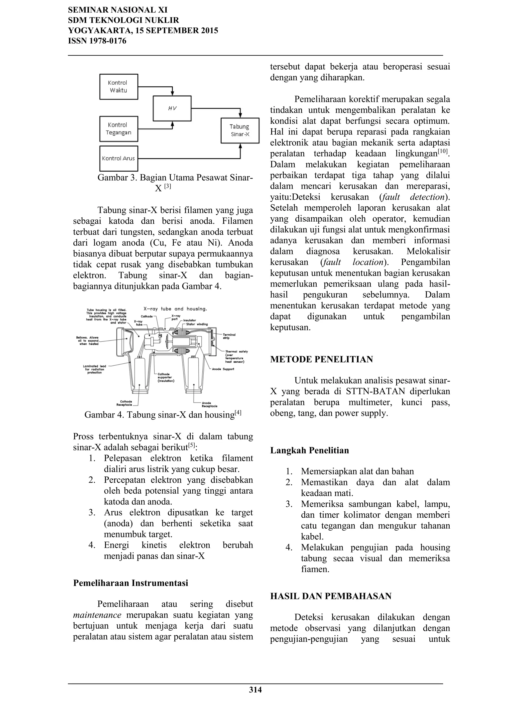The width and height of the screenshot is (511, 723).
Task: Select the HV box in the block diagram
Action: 172,108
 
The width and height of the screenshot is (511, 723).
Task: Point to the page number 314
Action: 255,690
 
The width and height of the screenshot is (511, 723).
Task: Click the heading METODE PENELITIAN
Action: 321,359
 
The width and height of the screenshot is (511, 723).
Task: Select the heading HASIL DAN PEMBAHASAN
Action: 331,596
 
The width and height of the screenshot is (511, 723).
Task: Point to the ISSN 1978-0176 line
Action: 97,41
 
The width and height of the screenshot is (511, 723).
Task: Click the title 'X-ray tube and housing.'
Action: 175,309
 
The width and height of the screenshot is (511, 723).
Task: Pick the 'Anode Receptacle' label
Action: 209,404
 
